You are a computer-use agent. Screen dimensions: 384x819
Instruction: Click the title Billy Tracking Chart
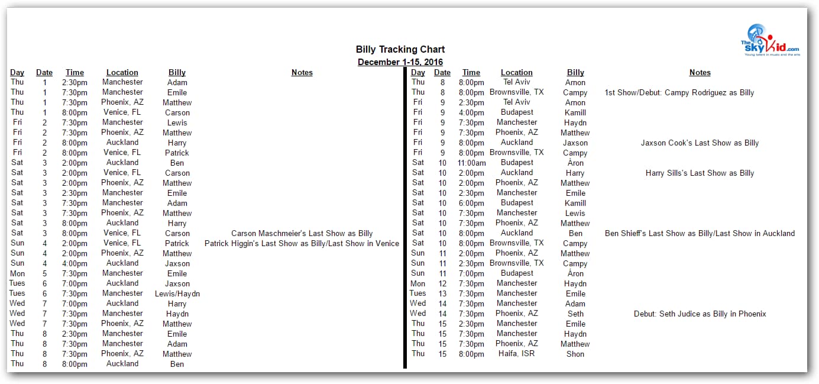pos(400,50)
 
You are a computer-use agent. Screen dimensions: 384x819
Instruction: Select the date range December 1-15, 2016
pos(400,62)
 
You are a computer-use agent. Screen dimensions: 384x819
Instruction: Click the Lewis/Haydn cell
pos(177,293)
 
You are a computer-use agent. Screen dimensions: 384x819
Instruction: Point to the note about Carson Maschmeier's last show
pos(302,233)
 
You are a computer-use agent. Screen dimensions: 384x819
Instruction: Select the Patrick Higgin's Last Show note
pos(302,243)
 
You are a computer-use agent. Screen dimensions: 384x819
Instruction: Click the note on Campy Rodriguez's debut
pos(679,92)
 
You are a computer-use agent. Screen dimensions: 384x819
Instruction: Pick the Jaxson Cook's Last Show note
pos(700,143)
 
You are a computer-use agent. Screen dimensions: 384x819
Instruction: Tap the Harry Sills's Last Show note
pos(700,173)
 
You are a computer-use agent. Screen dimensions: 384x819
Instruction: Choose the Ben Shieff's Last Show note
pos(700,233)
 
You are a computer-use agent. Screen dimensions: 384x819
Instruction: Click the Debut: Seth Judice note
pos(700,314)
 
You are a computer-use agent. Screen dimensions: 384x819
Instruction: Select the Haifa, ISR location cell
pos(516,354)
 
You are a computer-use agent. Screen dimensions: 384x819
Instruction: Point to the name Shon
pos(575,354)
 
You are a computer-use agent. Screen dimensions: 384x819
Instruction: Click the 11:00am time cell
pos(471,163)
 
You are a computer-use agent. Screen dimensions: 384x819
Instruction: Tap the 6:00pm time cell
pos(471,203)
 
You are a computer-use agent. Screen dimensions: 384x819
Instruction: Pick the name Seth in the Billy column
pos(575,314)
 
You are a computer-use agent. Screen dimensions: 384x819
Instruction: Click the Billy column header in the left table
pos(177,72)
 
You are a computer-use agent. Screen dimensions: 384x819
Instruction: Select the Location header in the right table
pos(516,72)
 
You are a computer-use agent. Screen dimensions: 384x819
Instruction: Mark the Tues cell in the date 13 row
pos(417,293)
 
